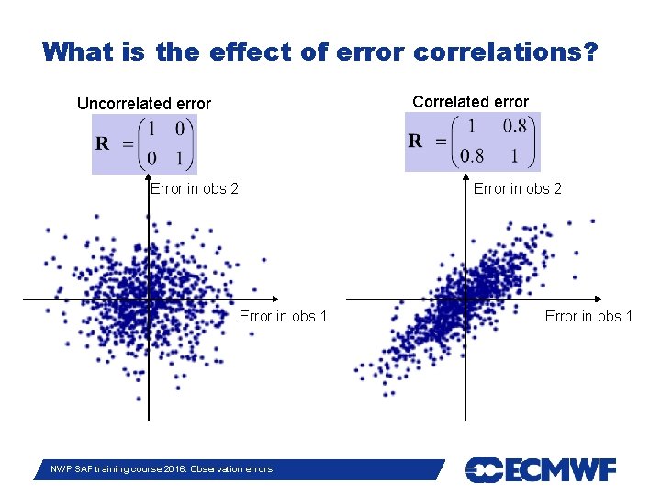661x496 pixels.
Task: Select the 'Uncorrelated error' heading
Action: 144,104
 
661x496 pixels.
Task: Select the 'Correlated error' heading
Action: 470,102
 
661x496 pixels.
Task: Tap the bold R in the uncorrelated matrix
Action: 103,143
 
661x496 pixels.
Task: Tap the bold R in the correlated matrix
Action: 416,141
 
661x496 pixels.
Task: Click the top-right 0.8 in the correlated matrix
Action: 515,127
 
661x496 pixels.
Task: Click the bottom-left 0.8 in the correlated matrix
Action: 472,155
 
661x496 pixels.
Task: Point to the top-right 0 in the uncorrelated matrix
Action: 179,129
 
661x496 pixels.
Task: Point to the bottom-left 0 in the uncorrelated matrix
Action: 152,158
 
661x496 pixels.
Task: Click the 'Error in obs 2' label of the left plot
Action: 195,189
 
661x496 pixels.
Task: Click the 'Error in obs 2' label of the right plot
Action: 518,189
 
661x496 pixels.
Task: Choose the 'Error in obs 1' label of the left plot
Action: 284,317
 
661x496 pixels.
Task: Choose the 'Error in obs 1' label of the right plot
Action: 589,317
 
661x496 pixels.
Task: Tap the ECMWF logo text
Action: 541,469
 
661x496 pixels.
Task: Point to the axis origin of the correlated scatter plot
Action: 465,299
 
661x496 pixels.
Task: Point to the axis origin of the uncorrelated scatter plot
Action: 149,299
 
